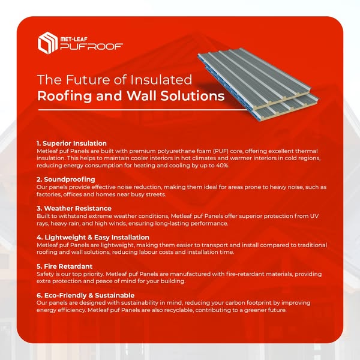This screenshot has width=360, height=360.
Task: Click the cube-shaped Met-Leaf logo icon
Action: [x=47, y=43]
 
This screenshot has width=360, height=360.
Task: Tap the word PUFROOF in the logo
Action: [x=92, y=47]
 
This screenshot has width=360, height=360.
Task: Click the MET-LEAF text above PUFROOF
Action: [x=74, y=39]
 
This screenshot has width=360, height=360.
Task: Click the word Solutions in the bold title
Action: [x=193, y=95]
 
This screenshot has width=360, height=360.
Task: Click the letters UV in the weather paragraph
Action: [x=314, y=216]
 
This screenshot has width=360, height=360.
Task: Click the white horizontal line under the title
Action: [x=143, y=110]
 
